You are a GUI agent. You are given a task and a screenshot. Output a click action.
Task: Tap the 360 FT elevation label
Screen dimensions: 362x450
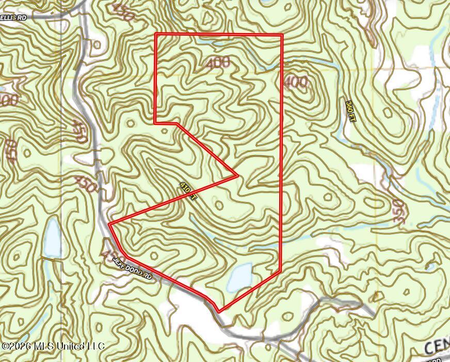click(x=350, y=111)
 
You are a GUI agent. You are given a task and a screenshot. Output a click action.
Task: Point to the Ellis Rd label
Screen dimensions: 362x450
click(x=13, y=17)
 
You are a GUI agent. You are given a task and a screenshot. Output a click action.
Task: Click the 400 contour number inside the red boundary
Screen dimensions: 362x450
click(x=217, y=64)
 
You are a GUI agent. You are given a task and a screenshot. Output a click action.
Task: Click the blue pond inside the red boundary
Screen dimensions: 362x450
click(x=239, y=277)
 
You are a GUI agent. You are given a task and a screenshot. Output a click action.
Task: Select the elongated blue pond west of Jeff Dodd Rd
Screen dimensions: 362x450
click(x=52, y=238)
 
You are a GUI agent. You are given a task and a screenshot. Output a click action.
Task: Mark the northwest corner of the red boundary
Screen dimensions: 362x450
click(x=156, y=35)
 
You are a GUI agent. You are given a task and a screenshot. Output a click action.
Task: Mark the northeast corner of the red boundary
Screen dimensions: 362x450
click(x=282, y=35)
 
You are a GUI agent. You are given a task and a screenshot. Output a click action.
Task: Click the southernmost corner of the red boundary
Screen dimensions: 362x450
click(x=220, y=311)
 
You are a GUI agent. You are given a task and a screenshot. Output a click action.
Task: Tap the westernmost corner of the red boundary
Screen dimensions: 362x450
click(x=110, y=224)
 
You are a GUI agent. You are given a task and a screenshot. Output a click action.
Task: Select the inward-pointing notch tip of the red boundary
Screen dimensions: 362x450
click(x=237, y=176)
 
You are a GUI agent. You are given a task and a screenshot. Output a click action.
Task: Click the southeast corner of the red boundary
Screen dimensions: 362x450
click(x=280, y=270)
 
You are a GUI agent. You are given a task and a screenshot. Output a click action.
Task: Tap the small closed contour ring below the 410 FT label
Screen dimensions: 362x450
click(x=219, y=205)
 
